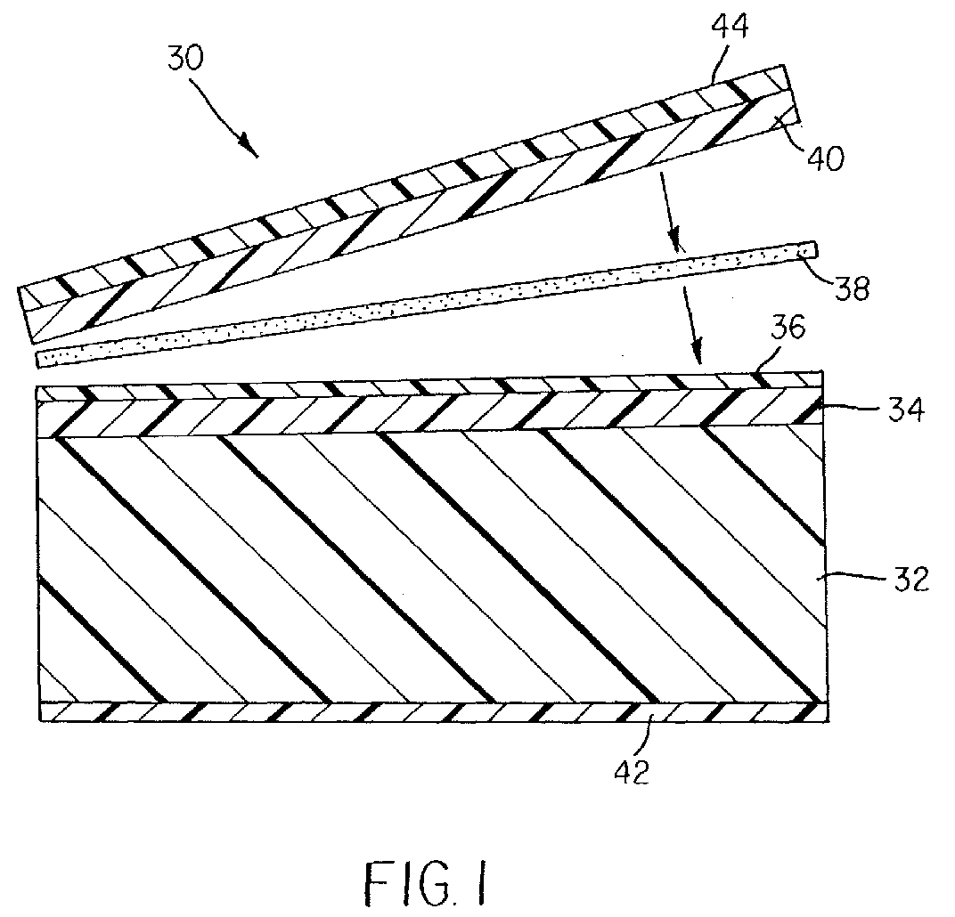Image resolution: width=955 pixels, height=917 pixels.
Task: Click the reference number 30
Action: [186, 59]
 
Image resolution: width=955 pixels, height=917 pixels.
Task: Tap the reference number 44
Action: [730, 26]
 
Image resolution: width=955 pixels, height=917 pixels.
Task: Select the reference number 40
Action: [826, 158]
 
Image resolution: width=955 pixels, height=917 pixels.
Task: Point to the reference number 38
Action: [851, 288]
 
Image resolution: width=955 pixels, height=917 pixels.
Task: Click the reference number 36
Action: [788, 328]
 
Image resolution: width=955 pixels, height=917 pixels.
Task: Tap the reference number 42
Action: [631, 772]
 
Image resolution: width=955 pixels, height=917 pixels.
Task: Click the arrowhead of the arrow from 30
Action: [249, 145]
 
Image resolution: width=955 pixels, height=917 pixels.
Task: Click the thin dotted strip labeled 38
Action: [427, 304]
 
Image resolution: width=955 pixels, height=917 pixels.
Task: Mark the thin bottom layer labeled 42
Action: [433, 711]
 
